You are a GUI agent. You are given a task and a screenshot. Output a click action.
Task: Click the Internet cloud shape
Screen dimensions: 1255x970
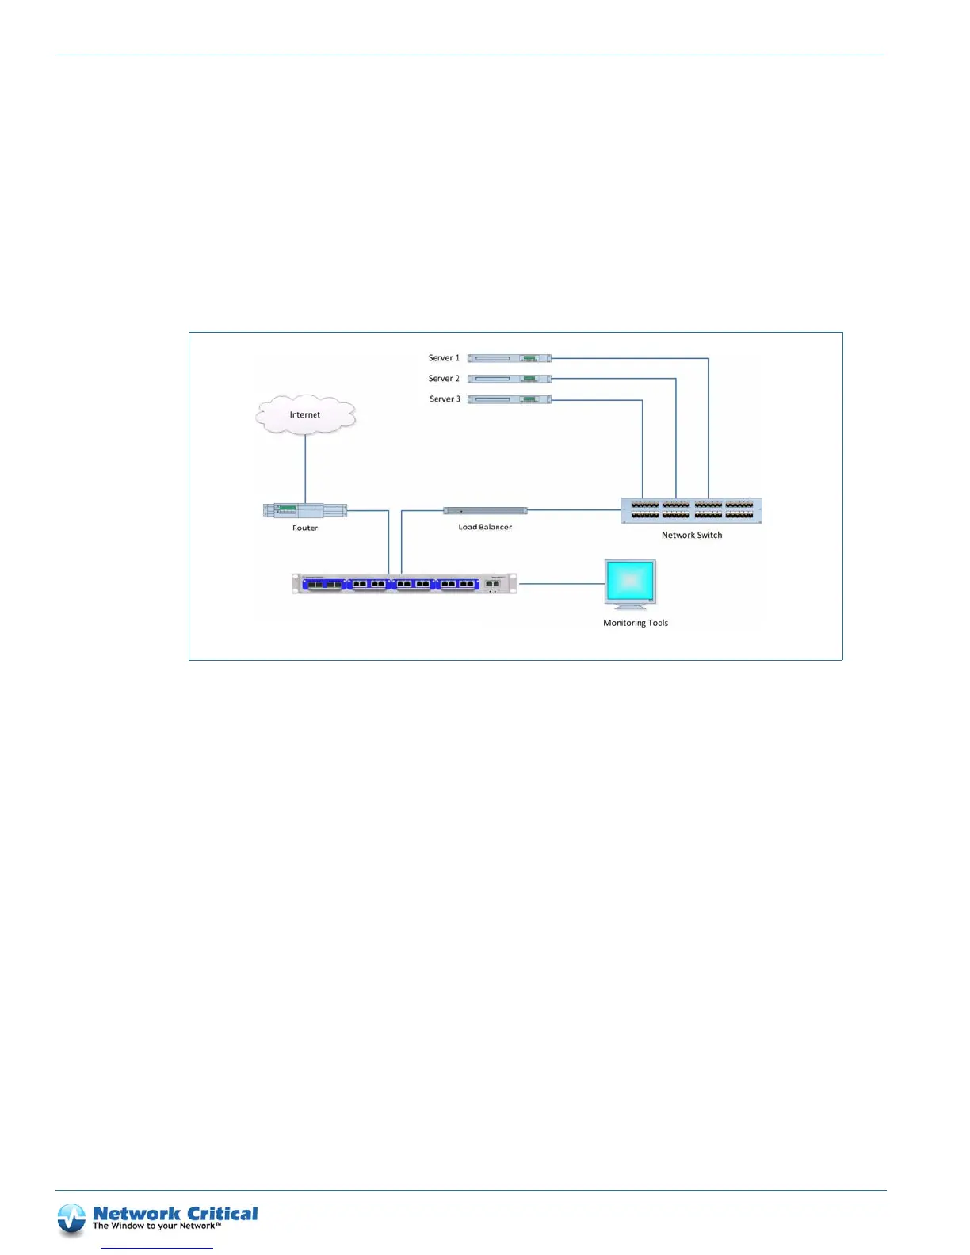[x=305, y=414]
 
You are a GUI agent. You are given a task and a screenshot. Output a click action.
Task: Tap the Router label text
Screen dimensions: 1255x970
[x=305, y=528]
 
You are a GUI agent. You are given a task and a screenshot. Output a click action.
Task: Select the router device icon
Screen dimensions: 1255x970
[x=305, y=511]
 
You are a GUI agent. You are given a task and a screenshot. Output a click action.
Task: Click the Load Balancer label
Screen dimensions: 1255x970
[x=485, y=527]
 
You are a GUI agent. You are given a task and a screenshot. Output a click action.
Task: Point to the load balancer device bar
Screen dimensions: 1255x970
[x=485, y=511]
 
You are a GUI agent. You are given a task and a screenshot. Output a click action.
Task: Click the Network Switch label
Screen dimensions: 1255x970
[x=692, y=535]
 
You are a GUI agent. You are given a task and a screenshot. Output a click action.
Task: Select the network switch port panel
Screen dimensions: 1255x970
[x=691, y=510]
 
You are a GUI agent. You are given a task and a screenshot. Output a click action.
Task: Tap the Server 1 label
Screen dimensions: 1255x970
[x=444, y=358]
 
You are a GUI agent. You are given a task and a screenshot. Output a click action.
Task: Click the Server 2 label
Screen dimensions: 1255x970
[x=444, y=379]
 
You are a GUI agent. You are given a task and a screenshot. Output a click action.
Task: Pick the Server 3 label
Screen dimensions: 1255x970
[x=445, y=399]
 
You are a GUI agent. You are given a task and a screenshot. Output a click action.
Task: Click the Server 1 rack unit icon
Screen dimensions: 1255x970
[x=509, y=358]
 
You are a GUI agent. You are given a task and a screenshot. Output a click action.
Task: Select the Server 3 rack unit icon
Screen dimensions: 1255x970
[x=509, y=399]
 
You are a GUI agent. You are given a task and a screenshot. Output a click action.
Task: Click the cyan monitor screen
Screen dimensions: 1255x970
[x=630, y=581]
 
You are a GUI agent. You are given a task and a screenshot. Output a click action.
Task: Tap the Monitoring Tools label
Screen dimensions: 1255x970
[x=636, y=623]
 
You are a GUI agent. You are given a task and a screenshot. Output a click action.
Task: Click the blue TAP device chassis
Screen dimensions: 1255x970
[x=404, y=584]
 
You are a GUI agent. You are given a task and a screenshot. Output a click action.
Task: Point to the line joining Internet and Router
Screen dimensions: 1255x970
[x=305, y=467]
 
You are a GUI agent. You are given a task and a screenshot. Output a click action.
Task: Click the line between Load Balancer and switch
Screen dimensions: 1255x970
[x=574, y=510]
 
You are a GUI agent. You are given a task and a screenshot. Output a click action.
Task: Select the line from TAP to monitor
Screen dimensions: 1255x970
[x=561, y=584]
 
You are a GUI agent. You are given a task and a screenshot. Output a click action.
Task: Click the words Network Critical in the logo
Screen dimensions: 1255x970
[x=175, y=1214]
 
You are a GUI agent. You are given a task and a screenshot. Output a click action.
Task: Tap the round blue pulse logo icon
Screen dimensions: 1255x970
[x=71, y=1219]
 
